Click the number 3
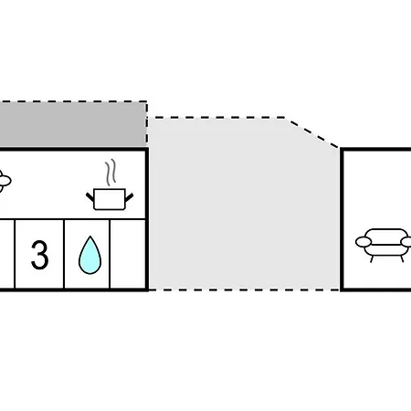point(40,255)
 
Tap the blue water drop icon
point(90,255)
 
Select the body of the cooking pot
point(110,199)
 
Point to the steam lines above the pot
point(111,172)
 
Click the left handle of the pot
point(90,197)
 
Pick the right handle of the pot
point(129,197)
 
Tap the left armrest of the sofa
point(364,242)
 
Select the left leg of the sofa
point(372,259)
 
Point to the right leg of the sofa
point(402,259)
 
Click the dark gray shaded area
point(72,124)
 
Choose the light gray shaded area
point(244,204)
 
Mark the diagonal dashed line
point(311,132)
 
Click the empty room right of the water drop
point(128,254)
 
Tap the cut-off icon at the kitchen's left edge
point(5,181)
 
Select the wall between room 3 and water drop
point(64,254)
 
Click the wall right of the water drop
point(110,254)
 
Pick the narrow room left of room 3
point(6,254)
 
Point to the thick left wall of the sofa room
point(342,219)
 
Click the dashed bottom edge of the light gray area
point(244,290)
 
